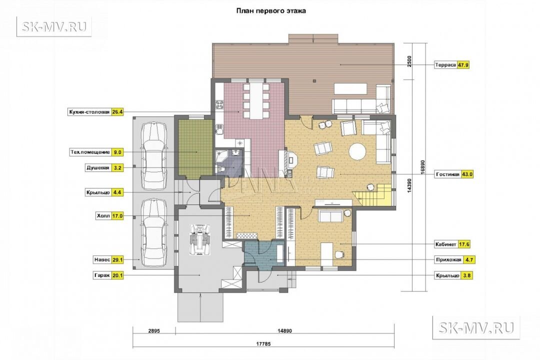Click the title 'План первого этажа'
[271, 11]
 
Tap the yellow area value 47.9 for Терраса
[463, 65]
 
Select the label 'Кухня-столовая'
[89, 112]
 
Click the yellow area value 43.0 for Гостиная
[467, 174]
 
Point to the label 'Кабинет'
[446, 244]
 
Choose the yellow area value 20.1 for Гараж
[117, 275]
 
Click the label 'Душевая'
[98, 168]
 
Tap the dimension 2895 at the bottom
[154, 330]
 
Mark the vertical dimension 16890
[423, 168]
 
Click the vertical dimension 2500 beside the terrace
[409, 61]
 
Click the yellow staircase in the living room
[373, 194]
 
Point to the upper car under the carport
[155, 155]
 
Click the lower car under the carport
[154, 233]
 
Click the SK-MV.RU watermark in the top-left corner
[54, 26]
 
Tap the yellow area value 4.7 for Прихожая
[468, 260]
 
